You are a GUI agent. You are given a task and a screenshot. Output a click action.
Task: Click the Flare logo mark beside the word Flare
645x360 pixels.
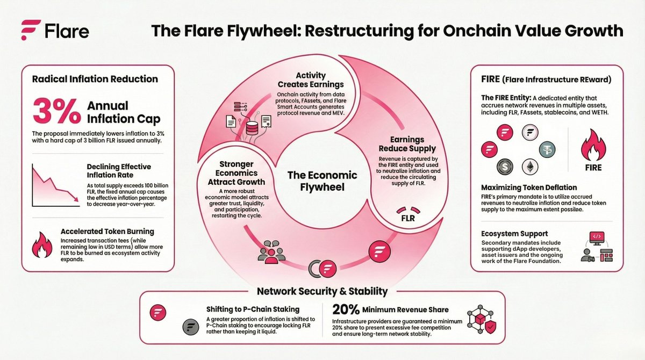[x=31, y=30]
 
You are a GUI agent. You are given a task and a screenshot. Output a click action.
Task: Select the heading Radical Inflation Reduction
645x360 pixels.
[x=95, y=79]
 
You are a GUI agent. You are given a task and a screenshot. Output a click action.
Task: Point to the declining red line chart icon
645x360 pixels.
[x=52, y=185]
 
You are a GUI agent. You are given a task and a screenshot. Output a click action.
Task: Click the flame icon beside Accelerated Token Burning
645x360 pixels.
[x=42, y=246]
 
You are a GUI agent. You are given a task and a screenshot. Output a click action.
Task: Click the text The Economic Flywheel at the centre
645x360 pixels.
[x=321, y=182]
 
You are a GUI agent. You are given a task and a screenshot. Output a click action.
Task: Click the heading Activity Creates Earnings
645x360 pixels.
[x=311, y=80]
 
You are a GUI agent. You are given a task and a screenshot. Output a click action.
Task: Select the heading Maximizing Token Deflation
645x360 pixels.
[x=529, y=188]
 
